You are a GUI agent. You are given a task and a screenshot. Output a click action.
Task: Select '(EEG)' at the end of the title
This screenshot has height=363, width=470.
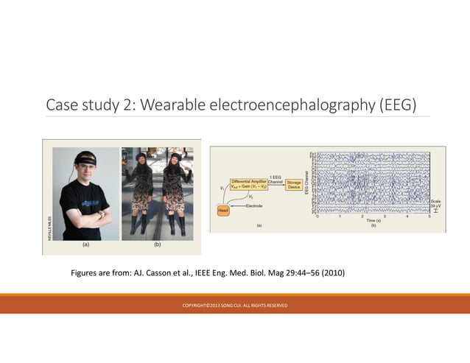(397, 105)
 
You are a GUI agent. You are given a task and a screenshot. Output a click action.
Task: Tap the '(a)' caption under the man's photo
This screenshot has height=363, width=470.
(86, 243)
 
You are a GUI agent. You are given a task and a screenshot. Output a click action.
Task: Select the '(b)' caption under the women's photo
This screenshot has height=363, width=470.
(157, 243)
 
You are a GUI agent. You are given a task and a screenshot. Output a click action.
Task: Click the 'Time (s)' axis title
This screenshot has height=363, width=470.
(374, 221)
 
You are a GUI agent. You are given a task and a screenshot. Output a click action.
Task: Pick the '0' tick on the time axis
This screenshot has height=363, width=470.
(318, 216)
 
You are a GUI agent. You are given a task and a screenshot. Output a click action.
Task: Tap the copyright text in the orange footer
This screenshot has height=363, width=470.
(235, 306)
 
